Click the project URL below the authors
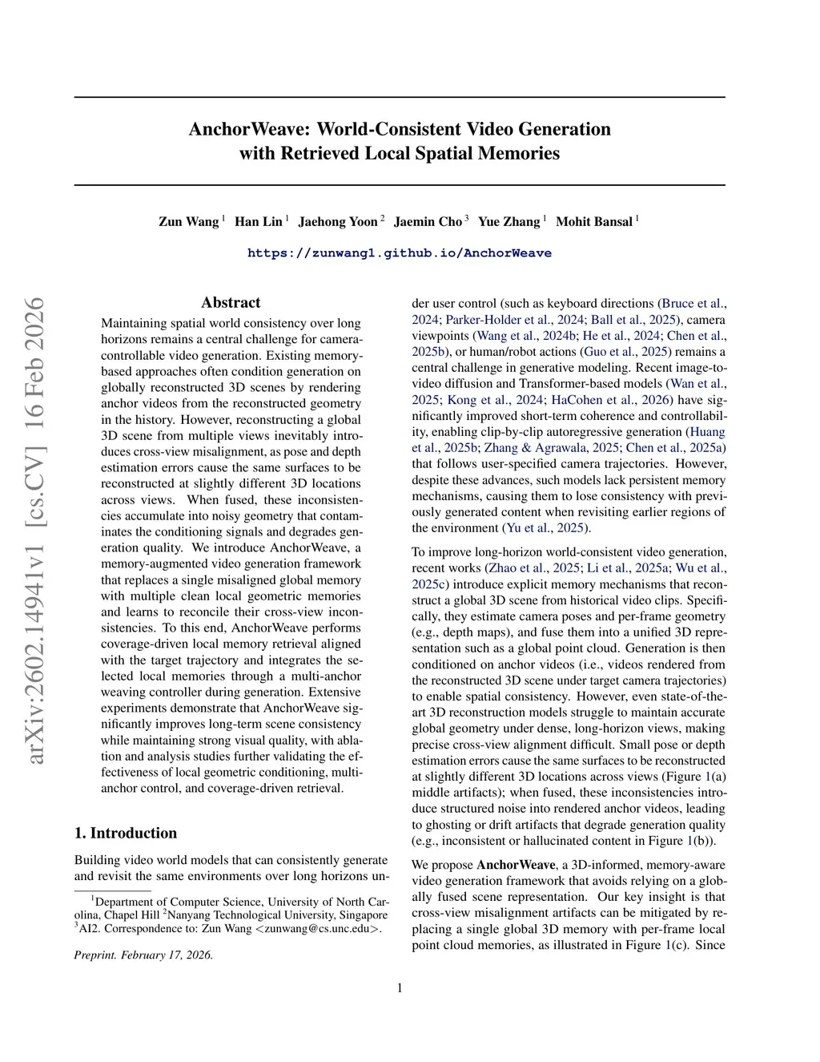pos(399,253)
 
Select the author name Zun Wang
pos(188,222)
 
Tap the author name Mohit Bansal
pos(593,222)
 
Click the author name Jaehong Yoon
pos(337,222)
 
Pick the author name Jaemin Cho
pos(428,222)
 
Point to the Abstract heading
pos(231,302)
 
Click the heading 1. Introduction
pos(126,833)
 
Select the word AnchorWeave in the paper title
pos(250,129)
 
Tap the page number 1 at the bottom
pos(400,987)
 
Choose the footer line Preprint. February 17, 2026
pos(143,955)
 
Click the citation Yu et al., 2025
pos(546,528)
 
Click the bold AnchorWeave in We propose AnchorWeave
pos(516,865)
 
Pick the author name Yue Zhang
pos(508,222)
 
